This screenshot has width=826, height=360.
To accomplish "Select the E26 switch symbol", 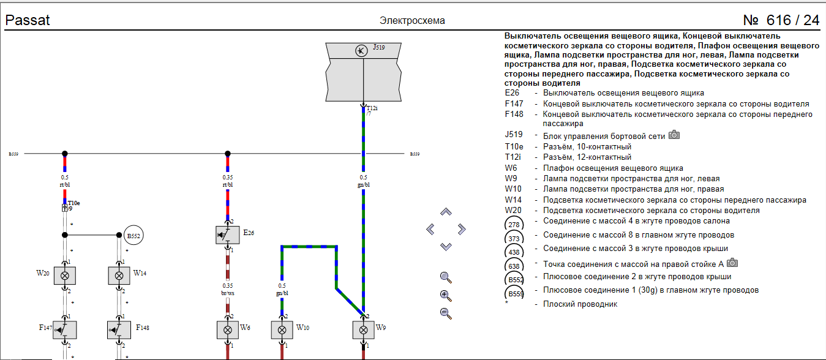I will point(228,234).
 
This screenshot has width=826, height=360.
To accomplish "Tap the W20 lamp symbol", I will point(65,276).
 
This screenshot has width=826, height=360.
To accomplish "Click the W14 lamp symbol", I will point(119,276).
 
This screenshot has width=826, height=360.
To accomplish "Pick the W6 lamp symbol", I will point(228,330).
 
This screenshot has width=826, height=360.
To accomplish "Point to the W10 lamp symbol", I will point(282,330).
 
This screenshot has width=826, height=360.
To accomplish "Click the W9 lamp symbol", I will point(363,330).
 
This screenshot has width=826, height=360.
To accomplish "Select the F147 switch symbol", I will point(65,330).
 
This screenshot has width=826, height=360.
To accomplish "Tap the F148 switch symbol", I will point(119,330).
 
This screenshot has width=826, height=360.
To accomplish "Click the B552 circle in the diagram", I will point(133,236).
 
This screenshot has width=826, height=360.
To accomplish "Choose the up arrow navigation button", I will point(446,212).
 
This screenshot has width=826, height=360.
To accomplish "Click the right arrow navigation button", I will point(462,229).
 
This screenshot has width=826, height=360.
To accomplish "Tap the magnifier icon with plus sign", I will point(446,296).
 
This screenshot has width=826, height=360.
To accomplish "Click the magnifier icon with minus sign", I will point(446,313).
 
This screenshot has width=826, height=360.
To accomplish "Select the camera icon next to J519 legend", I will point(674,135).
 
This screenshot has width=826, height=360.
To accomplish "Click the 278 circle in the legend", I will point(514,225).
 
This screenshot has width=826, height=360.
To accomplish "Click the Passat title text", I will point(28,20).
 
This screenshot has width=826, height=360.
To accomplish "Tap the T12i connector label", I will point(372,108).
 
